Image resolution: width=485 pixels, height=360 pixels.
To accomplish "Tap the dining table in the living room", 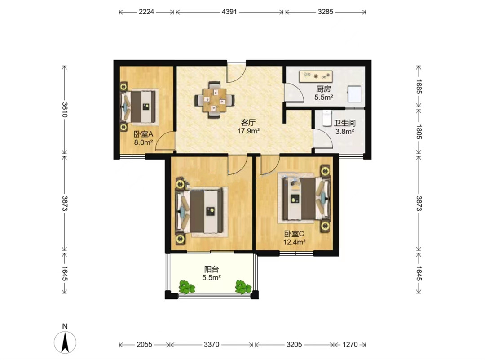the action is [214, 100].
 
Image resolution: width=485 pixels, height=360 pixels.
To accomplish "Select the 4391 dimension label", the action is [229, 12].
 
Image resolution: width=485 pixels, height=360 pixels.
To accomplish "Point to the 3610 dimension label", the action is [65, 110].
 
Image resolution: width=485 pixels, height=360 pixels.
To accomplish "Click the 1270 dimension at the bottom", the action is [350, 345].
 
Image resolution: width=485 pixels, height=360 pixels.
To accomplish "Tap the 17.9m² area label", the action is [248, 131].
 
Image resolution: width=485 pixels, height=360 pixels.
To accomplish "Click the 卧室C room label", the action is [294, 234].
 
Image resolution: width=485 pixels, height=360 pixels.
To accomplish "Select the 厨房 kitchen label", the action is [323, 89].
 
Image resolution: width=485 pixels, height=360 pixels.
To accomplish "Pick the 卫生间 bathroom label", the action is [345, 123].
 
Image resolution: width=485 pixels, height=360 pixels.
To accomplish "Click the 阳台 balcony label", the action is [212, 269].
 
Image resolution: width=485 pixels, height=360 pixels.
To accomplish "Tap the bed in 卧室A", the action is [139, 107].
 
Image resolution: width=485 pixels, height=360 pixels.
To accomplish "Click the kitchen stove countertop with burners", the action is [316, 76].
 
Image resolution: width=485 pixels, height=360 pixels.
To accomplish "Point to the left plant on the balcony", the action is [186, 287].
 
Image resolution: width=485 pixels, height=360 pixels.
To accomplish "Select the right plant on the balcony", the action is [243, 287].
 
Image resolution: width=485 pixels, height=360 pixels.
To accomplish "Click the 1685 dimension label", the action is [419, 87].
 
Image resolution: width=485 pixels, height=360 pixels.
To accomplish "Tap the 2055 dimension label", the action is [145, 345].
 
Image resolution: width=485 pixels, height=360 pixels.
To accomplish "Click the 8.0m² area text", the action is [143, 143].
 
